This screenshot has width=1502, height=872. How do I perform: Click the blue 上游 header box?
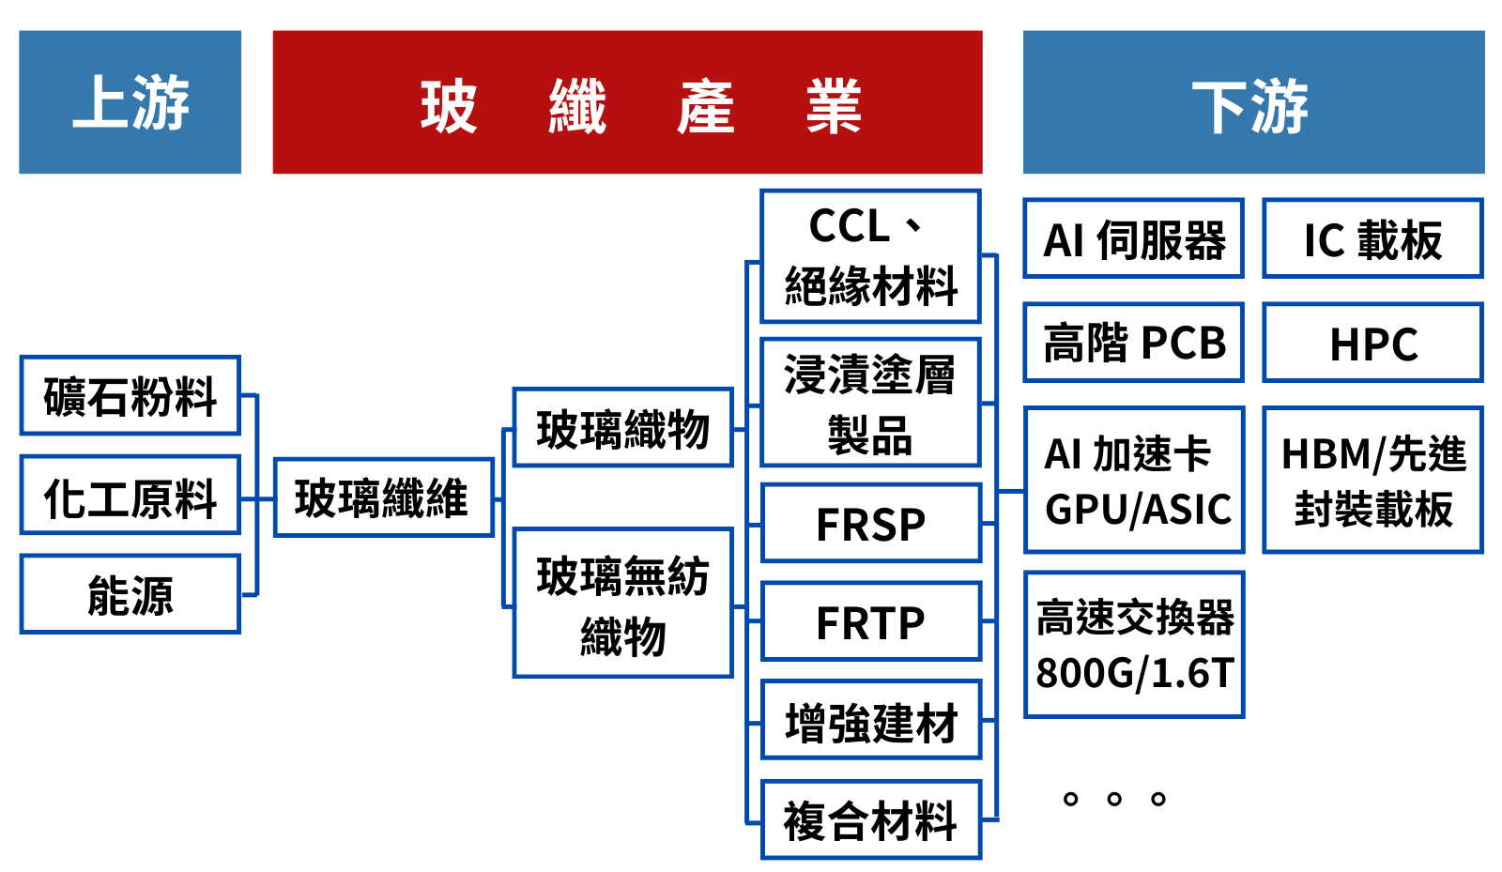point(130,101)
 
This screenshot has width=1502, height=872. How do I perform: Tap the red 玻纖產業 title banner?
point(627,101)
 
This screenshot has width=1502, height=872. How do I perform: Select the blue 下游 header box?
point(1253,101)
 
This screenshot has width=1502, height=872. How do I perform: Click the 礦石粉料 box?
point(130,395)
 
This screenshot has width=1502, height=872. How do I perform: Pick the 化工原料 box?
point(130,495)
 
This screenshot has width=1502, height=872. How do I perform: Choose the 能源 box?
point(130,594)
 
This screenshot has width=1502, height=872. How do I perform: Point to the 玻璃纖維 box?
point(383,497)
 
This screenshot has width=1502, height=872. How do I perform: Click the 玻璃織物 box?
point(622,428)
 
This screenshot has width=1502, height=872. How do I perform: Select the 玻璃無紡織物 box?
point(622,603)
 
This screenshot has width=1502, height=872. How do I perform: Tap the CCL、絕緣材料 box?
point(870,256)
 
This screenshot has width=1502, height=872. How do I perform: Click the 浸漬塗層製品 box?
point(870,403)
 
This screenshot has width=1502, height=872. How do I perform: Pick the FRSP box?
point(870,523)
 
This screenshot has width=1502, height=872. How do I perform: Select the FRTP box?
point(870,621)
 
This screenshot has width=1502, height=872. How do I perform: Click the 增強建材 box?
point(870,720)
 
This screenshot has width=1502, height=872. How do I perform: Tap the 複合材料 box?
point(870,819)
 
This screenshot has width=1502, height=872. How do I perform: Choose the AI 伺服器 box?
point(1133,238)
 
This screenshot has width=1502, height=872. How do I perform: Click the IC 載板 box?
point(1372,238)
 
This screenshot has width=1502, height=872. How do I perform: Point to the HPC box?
point(1372,343)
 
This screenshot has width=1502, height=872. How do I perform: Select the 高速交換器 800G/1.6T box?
point(1133,645)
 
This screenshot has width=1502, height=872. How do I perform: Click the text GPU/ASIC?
point(1138,510)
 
